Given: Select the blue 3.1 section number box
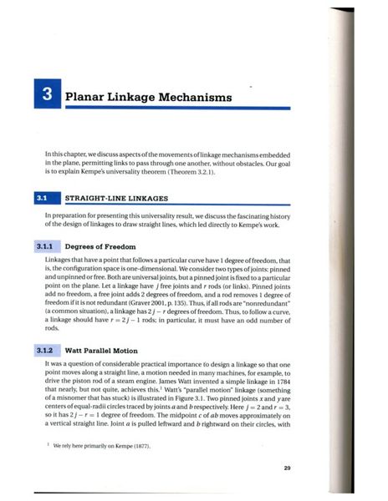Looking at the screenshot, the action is (x=40, y=199).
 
